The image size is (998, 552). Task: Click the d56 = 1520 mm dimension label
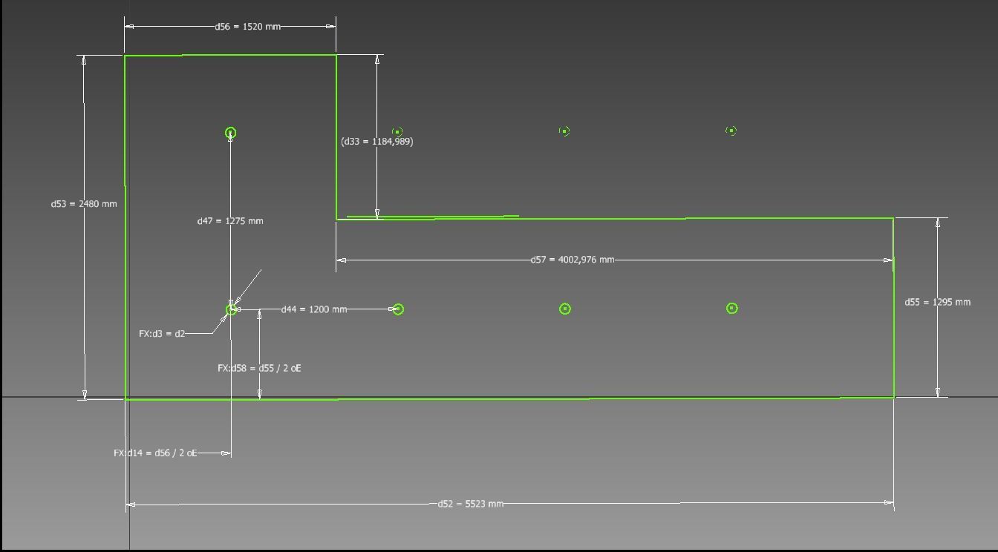pyautogui.click(x=247, y=27)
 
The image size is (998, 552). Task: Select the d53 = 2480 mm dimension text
pyautogui.click(x=83, y=203)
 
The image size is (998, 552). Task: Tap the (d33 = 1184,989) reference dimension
pyautogui.click(x=376, y=141)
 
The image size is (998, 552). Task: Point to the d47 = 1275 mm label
pyautogui.click(x=229, y=221)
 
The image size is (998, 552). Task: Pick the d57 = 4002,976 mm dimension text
pyautogui.click(x=572, y=260)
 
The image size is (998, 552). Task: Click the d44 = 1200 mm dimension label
pyautogui.click(x=313, y=309)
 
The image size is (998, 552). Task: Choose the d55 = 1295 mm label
pyautogui.click(x=937, y=302)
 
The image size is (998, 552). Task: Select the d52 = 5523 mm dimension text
pyautogui.click(x=470, y=504)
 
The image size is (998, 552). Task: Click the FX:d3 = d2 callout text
pyautogui.click(x=162, y=334)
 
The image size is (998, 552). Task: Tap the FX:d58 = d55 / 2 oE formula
pyautogui.click(x=259, y=368)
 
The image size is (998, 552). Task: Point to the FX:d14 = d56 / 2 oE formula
pyautogui.click(x=155, y=453)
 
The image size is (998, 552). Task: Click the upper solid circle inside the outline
pyautogui.click(x=230, y=133)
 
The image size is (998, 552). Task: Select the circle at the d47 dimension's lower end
pyautogui.click(x=231, y=309)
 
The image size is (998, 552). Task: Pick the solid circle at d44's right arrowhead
pyautogui.click(x=398, y=309)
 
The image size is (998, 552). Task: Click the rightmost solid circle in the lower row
pyautogui.click(x=731, y=308)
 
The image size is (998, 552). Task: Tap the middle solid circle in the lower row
pyautogui.click(x=564, y=309)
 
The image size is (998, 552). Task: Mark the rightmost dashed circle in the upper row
pyautogui.click(x=731, y=131)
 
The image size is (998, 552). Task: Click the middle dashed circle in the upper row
pyautogui.click(x=564, y=131)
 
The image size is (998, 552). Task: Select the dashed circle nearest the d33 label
pyautogui.click(x=397, y=131)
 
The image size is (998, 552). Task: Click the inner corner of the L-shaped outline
pyautogui.click(x=336, y=219)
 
